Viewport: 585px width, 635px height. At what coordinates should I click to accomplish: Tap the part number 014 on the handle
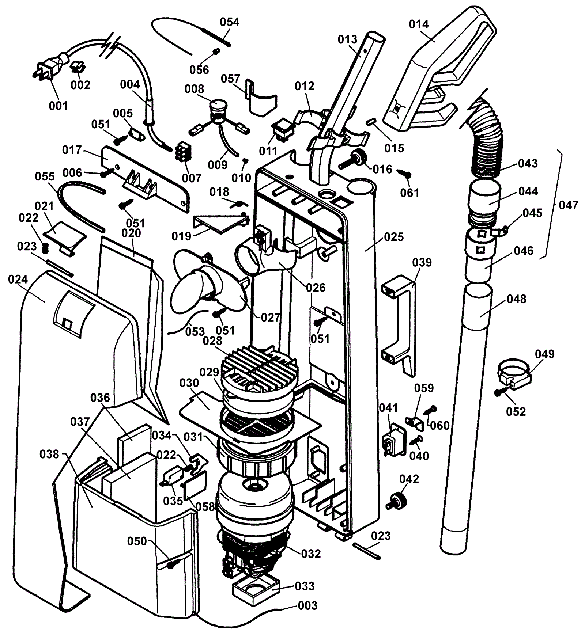pyautogui.click(x=419, y=24)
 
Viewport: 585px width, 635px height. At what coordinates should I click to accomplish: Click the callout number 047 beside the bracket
pyautogui.click(x=569, y=205)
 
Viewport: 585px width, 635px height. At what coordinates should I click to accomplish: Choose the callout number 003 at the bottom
pyautogui.click(x=308, y=605)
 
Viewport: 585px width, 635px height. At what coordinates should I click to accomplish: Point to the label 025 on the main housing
pyautogui.click(x=394, y=237)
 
